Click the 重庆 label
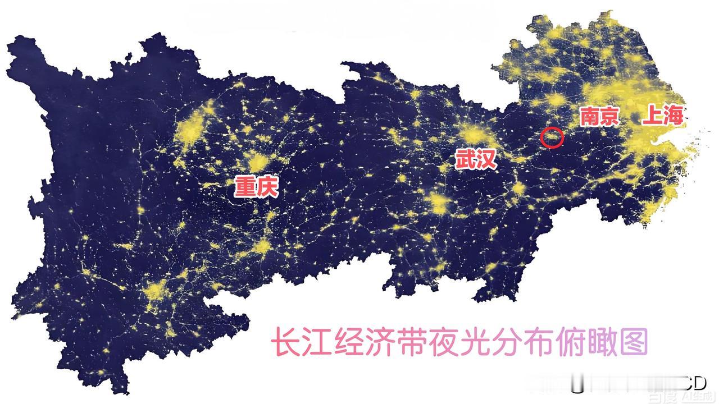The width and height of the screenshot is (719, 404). (x=256, y=186)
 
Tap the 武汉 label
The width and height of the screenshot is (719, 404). (x=476, y=159)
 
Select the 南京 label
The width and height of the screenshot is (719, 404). (x=599, y=116)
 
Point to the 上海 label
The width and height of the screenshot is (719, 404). (x=663, y=116)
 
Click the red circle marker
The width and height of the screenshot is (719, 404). (x=552, y=137)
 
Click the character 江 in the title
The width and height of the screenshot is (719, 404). (x=319, y=342)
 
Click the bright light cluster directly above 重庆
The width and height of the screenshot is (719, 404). (x=258, y=162)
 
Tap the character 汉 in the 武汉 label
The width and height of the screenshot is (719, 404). (x=486, y=159)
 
